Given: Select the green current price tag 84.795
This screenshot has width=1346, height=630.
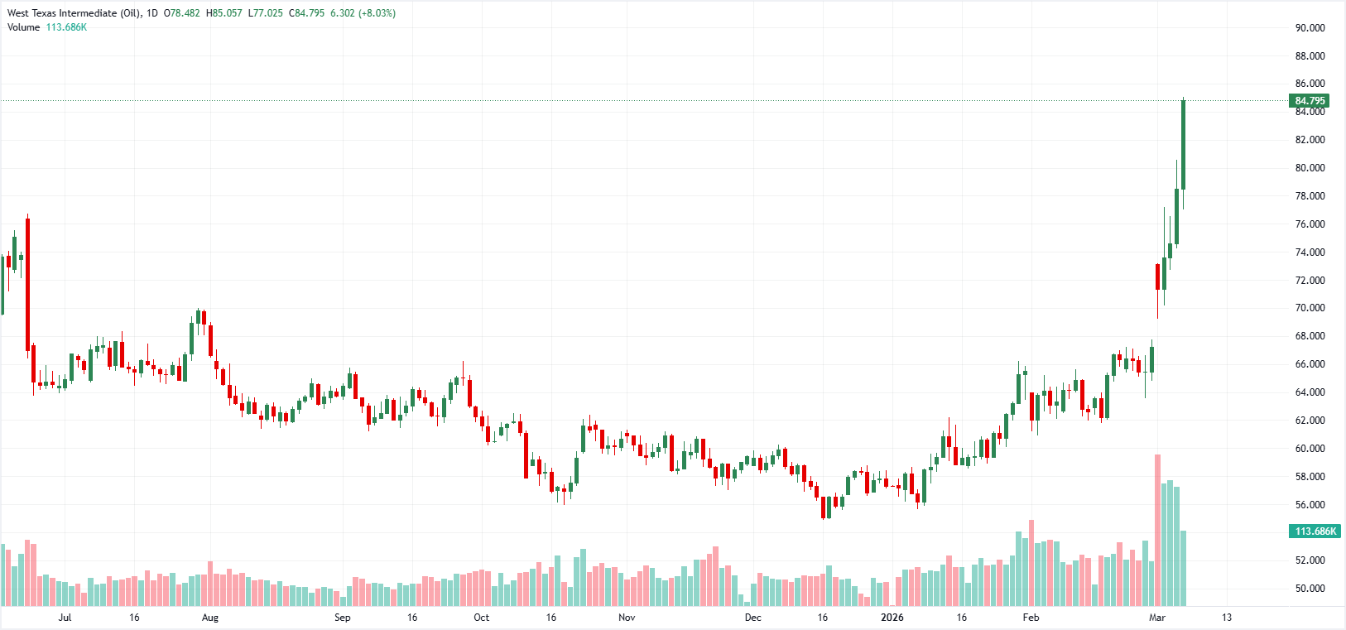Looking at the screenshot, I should pos(1310,101).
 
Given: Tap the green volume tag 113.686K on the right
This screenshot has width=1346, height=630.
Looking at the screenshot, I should pos(1315,531).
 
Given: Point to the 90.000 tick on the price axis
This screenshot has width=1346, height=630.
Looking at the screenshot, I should pos(1310,28).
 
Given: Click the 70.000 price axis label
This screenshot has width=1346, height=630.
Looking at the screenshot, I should pos(1310,308).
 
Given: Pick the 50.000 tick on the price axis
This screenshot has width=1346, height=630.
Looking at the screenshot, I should pos(1310,589).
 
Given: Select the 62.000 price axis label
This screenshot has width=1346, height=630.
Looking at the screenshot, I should pos(1310,421).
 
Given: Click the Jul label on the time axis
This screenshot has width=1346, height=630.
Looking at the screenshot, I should pos(65,618).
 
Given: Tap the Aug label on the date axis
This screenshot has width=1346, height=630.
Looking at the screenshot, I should pos(210,618).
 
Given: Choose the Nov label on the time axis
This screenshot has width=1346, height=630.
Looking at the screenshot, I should pos(627,618).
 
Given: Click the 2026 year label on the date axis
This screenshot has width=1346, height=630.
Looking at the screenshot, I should pos(892,618).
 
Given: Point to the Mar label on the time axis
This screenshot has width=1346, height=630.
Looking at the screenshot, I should pos(1157,618).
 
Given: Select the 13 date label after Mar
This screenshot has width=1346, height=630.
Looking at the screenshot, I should pos(1227,618).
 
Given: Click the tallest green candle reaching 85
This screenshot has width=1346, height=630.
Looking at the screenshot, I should pos(1183,145).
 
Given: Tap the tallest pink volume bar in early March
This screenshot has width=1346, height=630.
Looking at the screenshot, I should pos(1157,530).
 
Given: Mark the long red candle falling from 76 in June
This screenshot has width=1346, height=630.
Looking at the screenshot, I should pos(27,281).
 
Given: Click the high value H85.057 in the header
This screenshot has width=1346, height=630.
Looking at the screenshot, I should pos(224,13).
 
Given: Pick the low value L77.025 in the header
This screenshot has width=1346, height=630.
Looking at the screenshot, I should pos(265,13).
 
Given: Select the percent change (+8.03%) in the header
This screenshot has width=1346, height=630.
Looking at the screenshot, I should pos(377,13).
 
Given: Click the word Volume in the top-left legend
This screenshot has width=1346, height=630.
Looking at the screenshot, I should pos(24,27).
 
